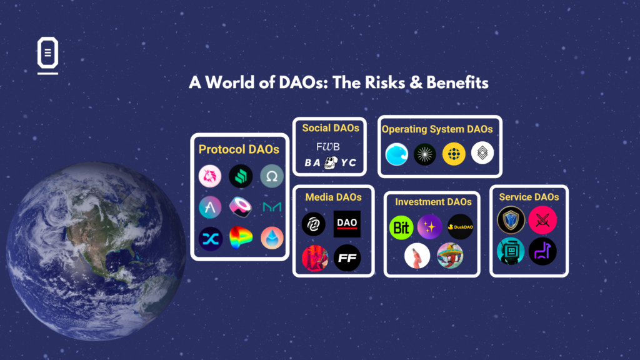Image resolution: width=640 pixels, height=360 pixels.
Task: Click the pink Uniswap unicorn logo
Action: [x=210, y=176]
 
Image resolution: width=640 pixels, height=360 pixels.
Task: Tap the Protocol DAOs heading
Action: [x=239, y=149]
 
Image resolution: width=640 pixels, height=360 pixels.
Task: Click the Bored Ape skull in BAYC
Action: [x=331, y=162]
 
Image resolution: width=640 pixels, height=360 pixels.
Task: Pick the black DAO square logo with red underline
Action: [x=347, y=224]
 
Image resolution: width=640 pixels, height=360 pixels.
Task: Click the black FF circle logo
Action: [x=347, y=257]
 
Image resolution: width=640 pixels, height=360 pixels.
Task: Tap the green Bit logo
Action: [x=401, y=227]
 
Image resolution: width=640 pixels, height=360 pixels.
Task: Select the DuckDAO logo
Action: [x=460, y=227]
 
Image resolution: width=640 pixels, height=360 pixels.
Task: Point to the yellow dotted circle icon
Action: [x=454, y=154]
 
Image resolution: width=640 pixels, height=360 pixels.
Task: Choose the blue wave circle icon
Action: [x=396, y=154]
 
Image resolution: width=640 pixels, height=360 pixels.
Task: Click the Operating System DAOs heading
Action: [x=437, y=129]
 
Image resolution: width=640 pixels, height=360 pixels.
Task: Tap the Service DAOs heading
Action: [x=529, y=197]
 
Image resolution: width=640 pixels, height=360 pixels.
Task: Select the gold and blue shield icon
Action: [x=511, y=220]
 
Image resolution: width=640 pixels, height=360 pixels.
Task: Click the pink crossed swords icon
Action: [x=542, y=220]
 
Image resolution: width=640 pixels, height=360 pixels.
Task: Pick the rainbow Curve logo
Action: [x=241, y=238]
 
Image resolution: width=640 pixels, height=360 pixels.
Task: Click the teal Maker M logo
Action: [x=272, y=207]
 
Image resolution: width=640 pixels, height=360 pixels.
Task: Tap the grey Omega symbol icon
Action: [x=272, y=176]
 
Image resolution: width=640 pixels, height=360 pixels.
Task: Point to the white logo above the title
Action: [x=47, y=55]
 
